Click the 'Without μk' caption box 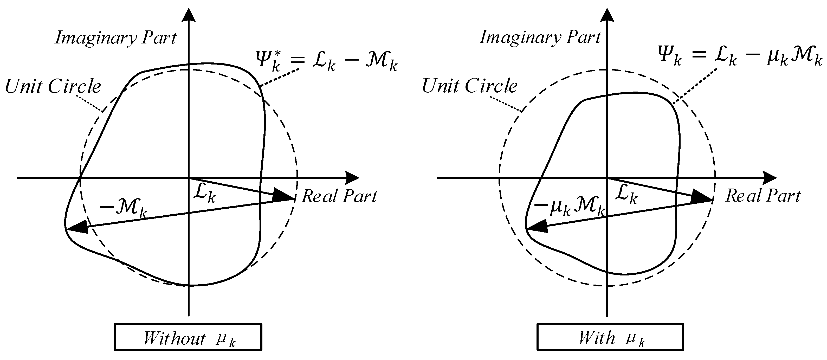coord(188,337)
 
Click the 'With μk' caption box coord(610,337)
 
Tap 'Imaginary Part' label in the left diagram coord(115,38)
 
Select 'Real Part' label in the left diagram coord(339,196)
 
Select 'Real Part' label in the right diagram coord(763,195)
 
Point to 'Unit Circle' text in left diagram coord(53,86)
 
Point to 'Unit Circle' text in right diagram coord(469,86)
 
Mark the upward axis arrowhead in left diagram coord(189,15)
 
